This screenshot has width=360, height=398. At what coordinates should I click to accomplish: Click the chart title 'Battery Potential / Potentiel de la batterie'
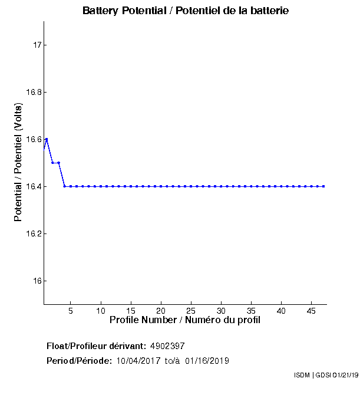tap(186, 11)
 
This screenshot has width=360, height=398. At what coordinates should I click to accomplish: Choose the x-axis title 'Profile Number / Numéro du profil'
tap(185, 320)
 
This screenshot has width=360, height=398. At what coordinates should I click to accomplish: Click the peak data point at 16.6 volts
tap(47, 139)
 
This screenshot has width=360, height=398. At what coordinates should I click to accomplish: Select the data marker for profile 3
tap(58, 163)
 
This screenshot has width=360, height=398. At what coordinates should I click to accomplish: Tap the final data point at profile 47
tap(323, 186)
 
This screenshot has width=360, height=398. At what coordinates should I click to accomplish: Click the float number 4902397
tap(168, 346)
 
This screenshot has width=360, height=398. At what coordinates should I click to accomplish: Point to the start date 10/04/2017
tap(138, 361)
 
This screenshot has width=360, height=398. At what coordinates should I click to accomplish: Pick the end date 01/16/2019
tap(207, 361)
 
